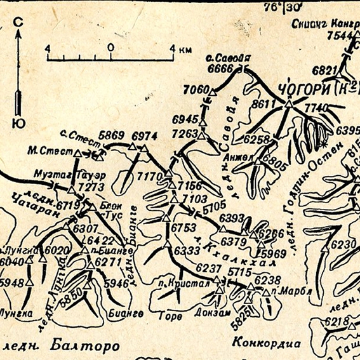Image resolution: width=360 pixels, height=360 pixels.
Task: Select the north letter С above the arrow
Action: tap(18, 23)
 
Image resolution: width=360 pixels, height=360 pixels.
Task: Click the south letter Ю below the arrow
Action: tap(18, 123)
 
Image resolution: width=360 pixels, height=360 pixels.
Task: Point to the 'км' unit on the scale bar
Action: tap(186, 48)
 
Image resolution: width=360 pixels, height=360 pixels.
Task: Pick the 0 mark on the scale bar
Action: tap(110, 48)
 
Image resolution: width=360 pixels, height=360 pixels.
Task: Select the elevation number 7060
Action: tap(195, 90)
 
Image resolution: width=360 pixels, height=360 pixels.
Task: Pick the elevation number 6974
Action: tap(144, 136)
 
